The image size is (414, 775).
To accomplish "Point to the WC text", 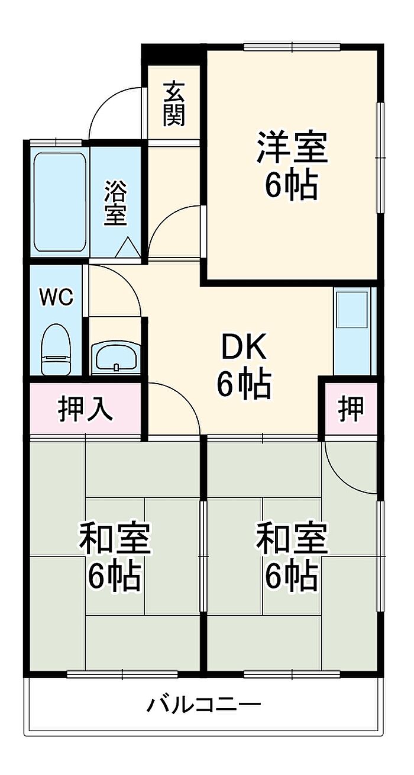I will click(56, 297).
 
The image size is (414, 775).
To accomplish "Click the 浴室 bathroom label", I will click(115, 202).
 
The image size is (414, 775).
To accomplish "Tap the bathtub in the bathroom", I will click(60, 202).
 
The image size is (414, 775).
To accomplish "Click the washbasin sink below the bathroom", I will click(116, 358).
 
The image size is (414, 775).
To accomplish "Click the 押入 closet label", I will click(85, 409).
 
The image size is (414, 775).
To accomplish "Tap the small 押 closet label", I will click(351, 409).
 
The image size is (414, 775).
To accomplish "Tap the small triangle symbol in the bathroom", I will click(127, 248).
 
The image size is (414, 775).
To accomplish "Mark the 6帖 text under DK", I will click(244, 385).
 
